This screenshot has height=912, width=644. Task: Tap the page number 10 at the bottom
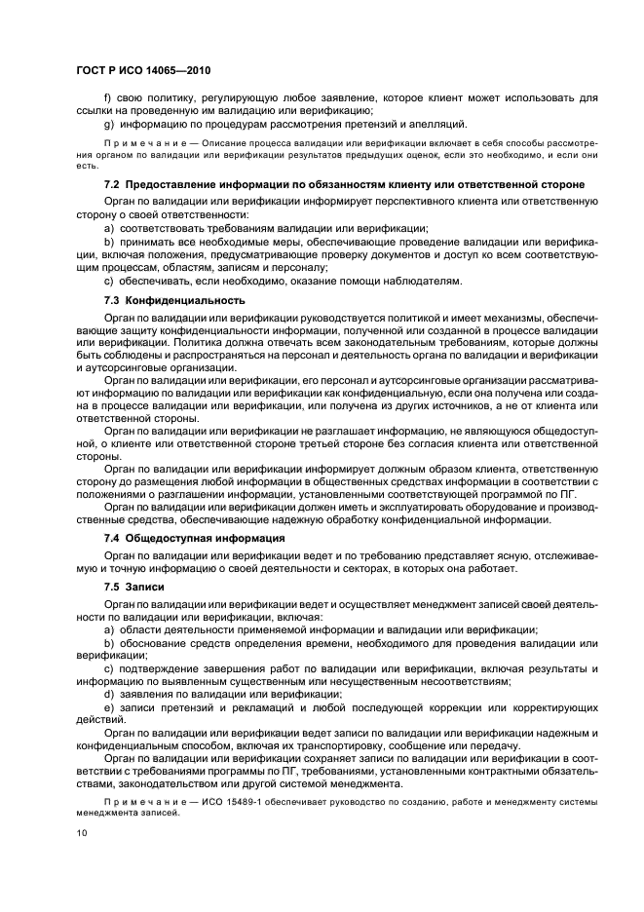tap(82, 833)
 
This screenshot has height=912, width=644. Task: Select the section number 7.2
tap(113, 185)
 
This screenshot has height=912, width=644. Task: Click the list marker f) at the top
tap(108, 98)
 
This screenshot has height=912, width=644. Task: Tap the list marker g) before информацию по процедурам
tap(109, 124)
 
